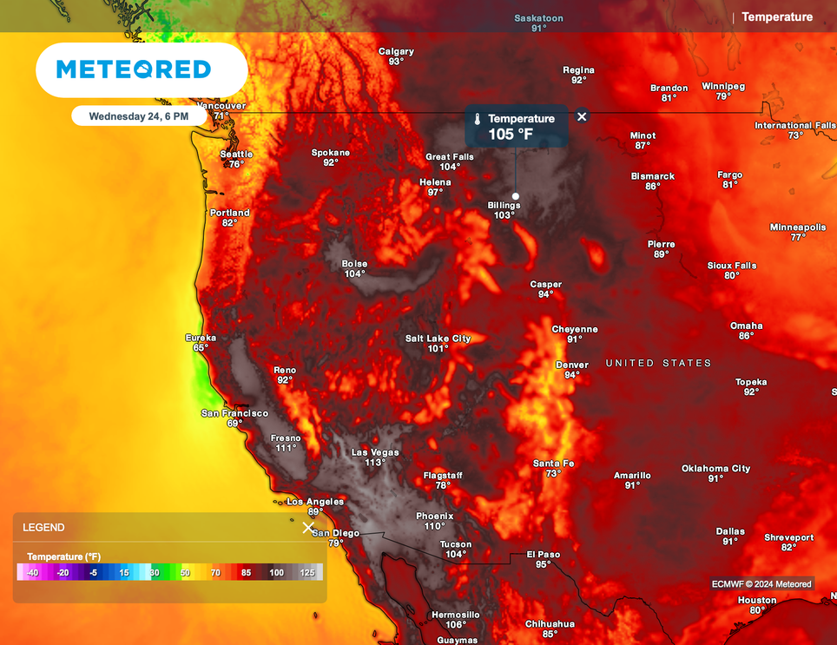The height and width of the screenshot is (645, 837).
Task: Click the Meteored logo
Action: [x=134, y=69]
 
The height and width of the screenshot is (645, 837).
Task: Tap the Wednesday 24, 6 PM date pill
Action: [x=139, y=115]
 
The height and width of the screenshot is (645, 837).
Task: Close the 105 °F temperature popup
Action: [x=582, y=116]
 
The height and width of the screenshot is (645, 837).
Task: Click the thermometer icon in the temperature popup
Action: [x=477, y=119]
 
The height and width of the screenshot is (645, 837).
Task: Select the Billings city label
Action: [x=504, y=205]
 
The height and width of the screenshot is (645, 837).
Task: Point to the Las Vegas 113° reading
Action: [x=375, y=463]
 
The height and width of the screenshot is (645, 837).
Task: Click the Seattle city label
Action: [x=236, y=154]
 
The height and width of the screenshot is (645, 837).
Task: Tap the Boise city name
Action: [x=354, y=264]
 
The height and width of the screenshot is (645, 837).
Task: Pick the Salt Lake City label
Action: [x=438, y=339]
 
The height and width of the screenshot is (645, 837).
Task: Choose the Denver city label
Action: [x=571, y=365]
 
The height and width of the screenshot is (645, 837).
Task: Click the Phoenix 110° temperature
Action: [x=434, y=526]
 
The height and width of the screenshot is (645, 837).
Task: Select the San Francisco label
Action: [x=234, y=413]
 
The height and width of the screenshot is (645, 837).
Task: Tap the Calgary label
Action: [x=396, y=51]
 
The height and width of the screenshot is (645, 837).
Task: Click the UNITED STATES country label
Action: [x=658, y=363]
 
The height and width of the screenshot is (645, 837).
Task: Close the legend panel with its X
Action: [x=307, y=528]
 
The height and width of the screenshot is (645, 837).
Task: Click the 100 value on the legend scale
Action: [x=276, y=573]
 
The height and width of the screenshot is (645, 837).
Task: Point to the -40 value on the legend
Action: [x=32, y=573]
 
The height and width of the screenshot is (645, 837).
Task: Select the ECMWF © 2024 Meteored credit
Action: [x=761, y=584]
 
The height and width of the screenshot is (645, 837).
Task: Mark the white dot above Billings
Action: [x=516, y=195]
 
